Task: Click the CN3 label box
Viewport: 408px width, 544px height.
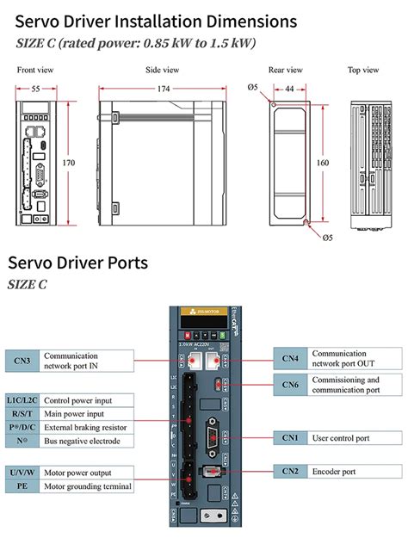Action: (x=22, y=360)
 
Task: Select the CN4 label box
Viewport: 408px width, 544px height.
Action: (x=290, y=358)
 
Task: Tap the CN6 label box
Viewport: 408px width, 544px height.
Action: (x=290, y=384)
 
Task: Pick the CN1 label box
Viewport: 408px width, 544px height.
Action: (x=290, y=438)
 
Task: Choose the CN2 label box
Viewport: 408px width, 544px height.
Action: (x=290, y=471)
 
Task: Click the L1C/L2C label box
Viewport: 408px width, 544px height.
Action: (x=22, y=399)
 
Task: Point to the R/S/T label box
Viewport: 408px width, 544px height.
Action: (x=22, y=413)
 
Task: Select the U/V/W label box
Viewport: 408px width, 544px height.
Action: (x=22, y=473)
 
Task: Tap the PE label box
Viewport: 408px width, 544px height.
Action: (x=22, y=486)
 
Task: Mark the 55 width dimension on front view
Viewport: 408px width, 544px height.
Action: (x=35, y=89)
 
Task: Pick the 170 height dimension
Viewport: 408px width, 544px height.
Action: (x=70, y=161)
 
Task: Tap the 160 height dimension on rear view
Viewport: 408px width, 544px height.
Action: (x=322, y=161)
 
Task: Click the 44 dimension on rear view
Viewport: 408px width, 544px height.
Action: (x=289, y=89)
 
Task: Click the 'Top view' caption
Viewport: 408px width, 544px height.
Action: (x=364, y=70)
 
